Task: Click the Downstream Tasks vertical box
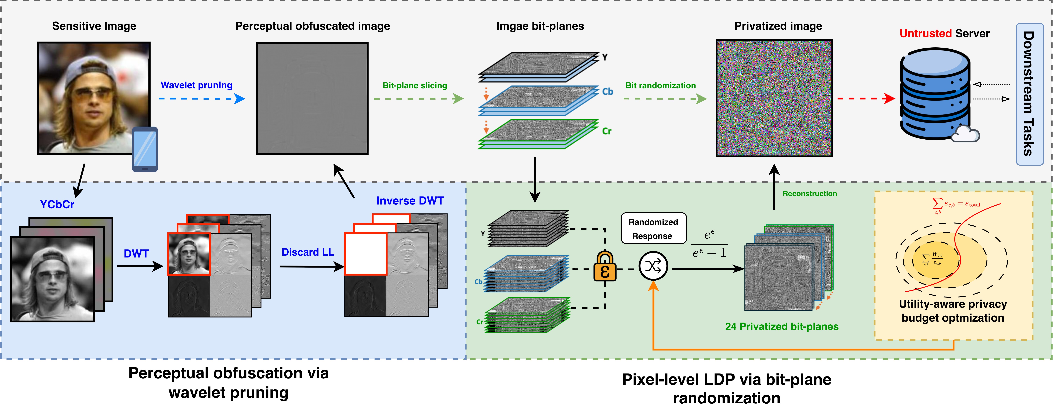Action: pyautogui.click(x=1029, y=94)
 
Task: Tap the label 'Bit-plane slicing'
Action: pyautogui.click(x=415, y=86)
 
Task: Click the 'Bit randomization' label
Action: pyautogui.click(x=660, y=86)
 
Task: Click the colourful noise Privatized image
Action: pyautogui.click(x=774, y=98)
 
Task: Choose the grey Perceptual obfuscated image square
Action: pyautogui.click(x=312, y=98)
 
